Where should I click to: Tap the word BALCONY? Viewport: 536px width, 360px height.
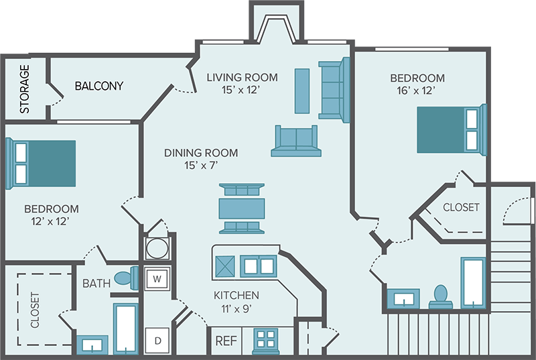pyautogui.click(x=99, y=86)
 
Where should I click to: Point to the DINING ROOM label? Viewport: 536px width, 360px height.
pyautogui.click(x=201, y=153)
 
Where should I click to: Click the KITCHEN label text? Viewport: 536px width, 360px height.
pyautogui.click(x=236, y=295)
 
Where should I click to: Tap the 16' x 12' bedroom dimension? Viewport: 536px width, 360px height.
pyautogui.click(x=417, y=91)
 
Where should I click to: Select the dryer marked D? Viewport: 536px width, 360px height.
pyautogui.click(x=158, y=341)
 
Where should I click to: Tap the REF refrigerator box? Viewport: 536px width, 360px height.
pyautogui.click(x=226, y=341)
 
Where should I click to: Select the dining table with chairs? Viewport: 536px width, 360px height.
pyautogui.click(x=242, y=207)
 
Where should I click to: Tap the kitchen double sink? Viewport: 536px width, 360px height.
pyautogui.click(x=258, y=266)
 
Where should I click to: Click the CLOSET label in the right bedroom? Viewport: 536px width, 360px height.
pyautogui.click(x=461, y=207)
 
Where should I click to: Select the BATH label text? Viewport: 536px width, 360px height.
pyautogui.click(x=96, y=284)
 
